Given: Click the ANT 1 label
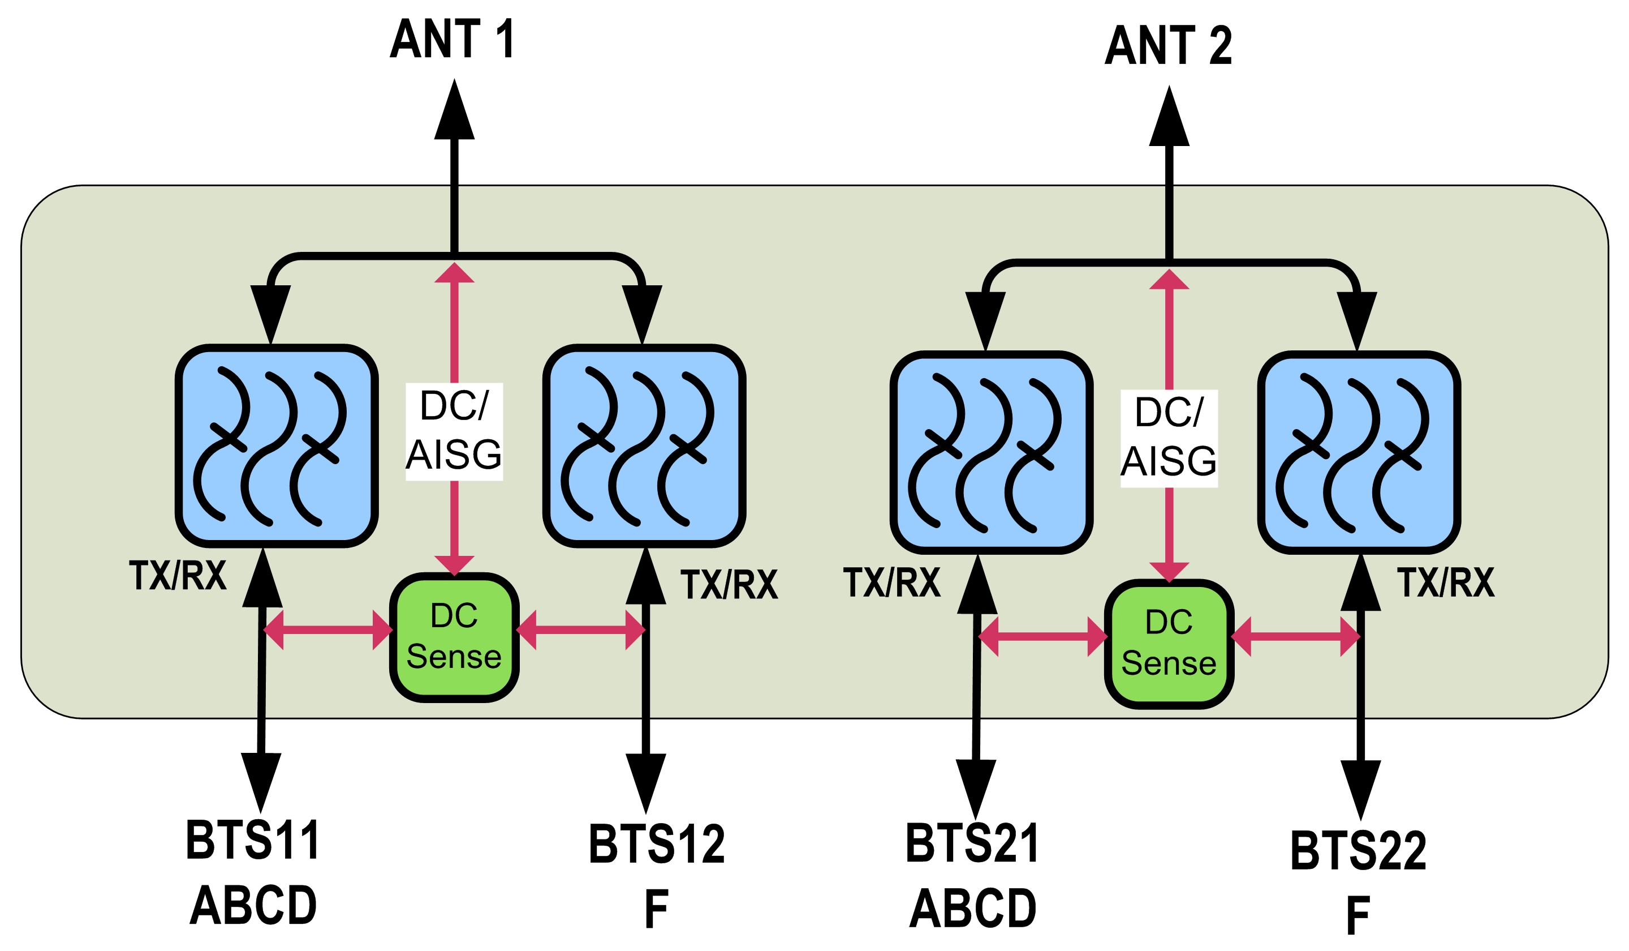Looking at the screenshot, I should click(x=452, y=39).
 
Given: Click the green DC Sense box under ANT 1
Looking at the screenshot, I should click(x=454, y=637).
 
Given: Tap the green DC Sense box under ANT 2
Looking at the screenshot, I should click(x=1169, y=644).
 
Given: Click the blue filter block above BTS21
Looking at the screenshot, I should click(x=992, y=453).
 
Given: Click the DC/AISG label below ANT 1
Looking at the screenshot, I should click(x=454, y=431).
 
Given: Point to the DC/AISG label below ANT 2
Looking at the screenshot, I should click(x=1169, y=438).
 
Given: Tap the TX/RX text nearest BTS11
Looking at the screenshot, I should click(x=178, y=575).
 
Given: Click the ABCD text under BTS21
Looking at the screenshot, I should click(x=972, y=909).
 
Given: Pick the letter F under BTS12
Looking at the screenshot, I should click(x=656, y=909).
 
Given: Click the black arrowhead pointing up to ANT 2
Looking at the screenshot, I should click(x=1169, y=117).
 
